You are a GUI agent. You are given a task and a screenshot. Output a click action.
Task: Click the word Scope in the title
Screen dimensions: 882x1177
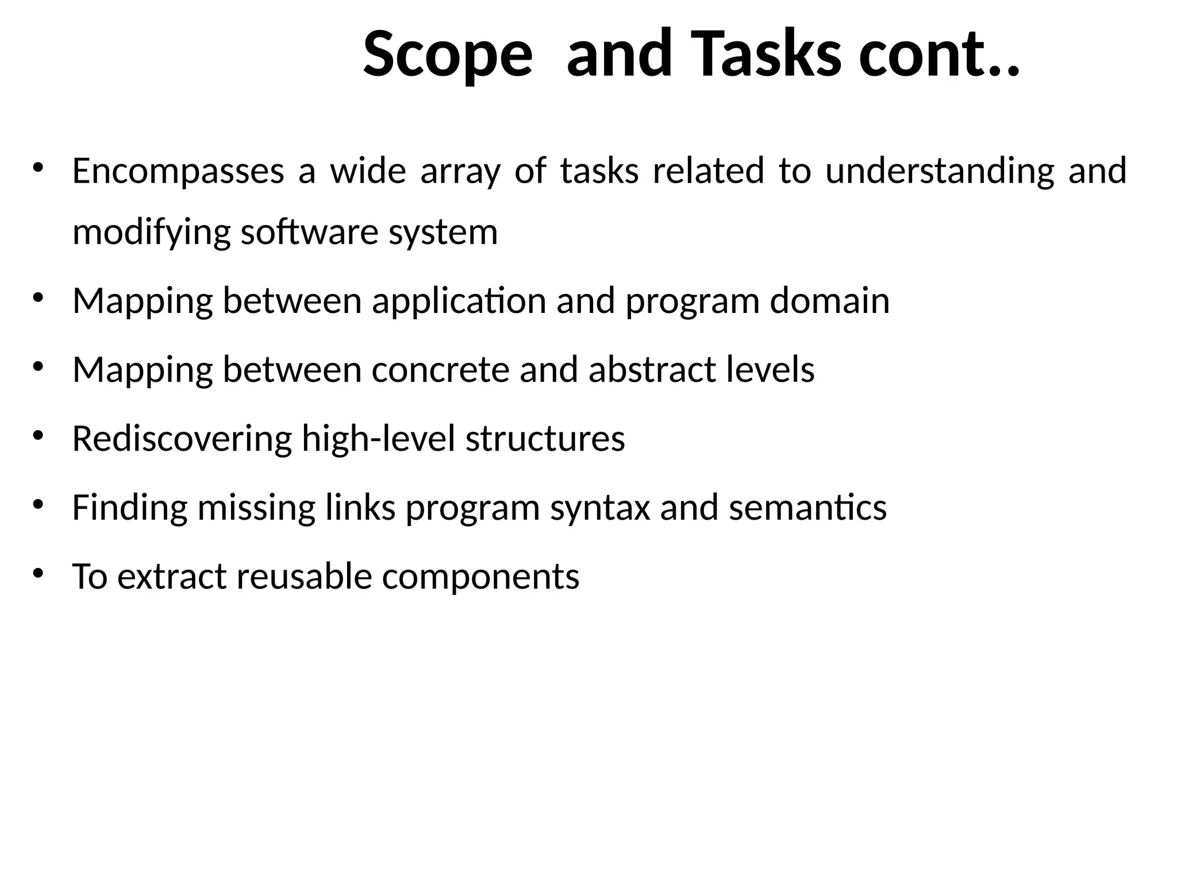[448, 55]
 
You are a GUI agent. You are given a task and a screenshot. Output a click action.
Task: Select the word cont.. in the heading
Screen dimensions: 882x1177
[939, 55]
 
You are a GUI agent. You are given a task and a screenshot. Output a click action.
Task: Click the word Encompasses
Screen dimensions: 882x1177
[178, 171]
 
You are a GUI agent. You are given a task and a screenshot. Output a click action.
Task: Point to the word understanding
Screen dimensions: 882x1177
[940, 171]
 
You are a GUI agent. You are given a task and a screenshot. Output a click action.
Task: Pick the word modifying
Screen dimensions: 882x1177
[152, 233]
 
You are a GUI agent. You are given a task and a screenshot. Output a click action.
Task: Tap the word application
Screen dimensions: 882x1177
[459, 301]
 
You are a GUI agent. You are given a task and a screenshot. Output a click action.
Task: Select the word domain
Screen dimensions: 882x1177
[829, 301]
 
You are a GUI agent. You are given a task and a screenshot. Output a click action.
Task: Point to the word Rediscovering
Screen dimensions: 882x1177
[182, 439]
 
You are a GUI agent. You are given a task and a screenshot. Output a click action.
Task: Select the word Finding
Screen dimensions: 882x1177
[130, 508]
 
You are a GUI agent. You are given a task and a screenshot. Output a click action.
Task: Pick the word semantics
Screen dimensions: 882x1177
[807, 508]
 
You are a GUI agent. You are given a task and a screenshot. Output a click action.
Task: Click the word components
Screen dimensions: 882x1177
[480, 577]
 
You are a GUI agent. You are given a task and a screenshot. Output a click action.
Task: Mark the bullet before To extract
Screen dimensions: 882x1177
[38, 573]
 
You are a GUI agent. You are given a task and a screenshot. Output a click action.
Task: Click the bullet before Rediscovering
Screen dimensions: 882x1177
[38, 436]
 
